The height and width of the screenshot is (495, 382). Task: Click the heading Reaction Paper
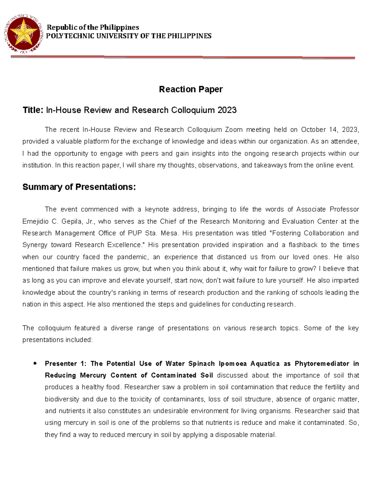pyautogui.click(x=191, y=89)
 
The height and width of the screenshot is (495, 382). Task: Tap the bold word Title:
pyautogui.click(x=32, y=110)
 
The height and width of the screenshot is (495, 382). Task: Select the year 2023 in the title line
pyautogui.click(x=227, y=110)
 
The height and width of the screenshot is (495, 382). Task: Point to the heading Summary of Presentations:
pyautogui.click(x=79, y=187)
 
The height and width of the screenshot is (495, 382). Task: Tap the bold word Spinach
pyautogui.click(x=202, y=364)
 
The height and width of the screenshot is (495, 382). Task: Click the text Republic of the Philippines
pyautogui.click(x=93, y=27)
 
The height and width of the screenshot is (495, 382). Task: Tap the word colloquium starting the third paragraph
pyautogui.click(x=54, y=328)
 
